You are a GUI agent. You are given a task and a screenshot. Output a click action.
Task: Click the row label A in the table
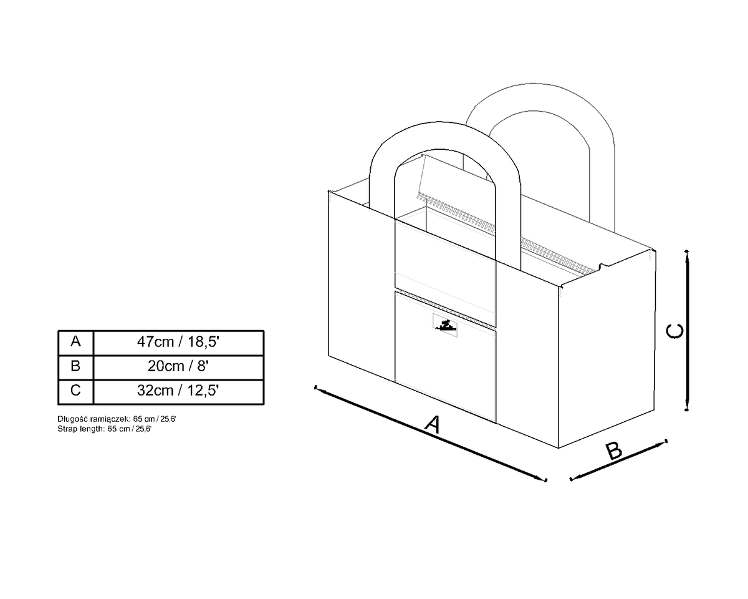75,342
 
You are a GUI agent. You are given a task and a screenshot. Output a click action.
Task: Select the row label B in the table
75,366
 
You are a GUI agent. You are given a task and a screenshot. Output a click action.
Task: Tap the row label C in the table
75,391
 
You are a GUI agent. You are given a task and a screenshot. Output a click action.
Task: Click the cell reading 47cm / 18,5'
178,342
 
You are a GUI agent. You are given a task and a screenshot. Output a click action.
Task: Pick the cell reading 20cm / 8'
178,366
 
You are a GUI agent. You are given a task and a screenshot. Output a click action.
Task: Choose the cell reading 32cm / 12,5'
178,391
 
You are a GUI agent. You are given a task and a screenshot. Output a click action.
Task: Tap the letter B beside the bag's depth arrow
614,451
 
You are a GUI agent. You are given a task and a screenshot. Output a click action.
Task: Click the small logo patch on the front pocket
445,325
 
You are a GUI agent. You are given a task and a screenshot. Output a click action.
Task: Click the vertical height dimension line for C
687,330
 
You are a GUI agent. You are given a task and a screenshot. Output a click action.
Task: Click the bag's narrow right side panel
607,348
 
